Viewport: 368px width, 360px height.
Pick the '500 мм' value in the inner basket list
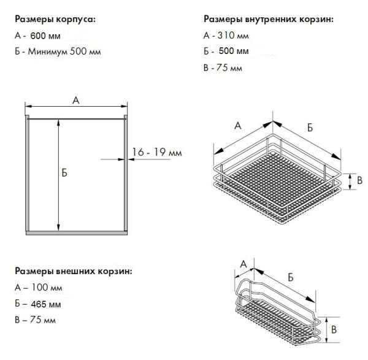point(235,52)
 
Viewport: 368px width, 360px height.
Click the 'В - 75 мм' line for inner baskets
point(221,67)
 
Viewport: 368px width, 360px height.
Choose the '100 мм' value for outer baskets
point(47,287)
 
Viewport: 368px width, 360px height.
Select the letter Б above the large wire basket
point(310,127)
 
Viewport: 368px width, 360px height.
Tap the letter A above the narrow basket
point(242,264)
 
